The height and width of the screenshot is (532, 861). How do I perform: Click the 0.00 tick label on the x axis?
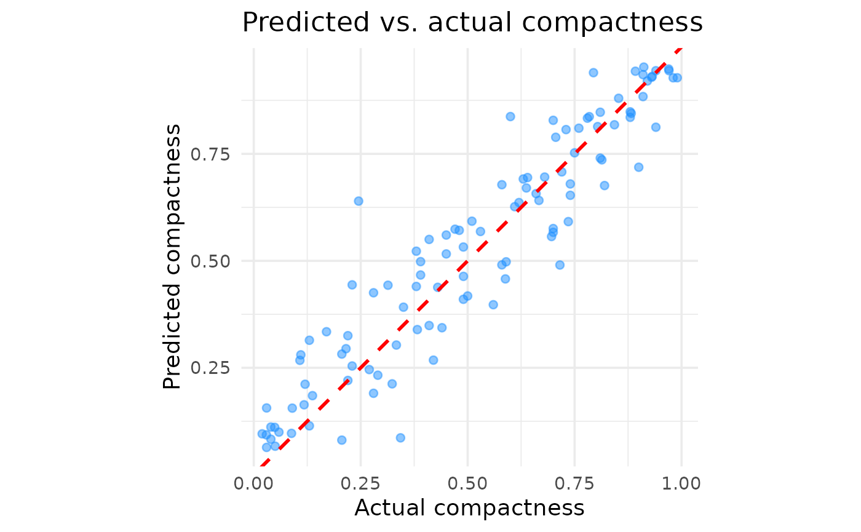253,483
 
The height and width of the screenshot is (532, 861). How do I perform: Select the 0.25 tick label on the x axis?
360,483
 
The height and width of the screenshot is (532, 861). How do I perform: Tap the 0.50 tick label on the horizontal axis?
467,483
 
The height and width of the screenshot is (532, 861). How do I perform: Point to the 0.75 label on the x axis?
574,483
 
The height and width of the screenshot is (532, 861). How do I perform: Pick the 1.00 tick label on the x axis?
681,483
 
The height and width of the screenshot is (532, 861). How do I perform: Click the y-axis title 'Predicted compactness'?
173,256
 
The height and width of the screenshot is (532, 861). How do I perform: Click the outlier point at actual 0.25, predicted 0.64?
359,201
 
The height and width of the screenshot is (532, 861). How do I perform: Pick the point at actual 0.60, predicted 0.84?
510,116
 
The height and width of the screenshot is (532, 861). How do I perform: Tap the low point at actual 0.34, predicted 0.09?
400,438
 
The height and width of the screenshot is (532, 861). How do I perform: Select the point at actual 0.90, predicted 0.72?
638,167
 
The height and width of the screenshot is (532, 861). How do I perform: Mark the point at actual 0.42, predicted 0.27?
433,360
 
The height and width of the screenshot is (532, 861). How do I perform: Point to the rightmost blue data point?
677,77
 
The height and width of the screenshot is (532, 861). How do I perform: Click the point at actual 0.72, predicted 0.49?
560,265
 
